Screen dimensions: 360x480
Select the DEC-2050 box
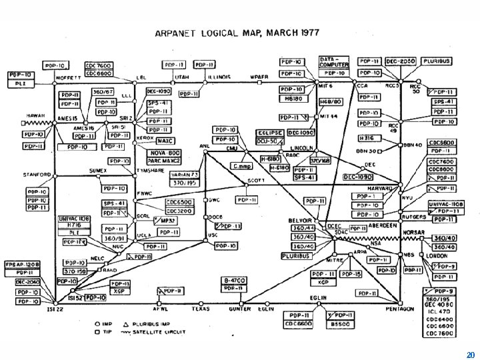[399, 61]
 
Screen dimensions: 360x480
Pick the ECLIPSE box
[271, 133]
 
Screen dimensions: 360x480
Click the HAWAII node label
[36, 115]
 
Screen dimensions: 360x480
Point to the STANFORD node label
[37, 175]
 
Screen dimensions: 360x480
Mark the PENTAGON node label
[400, 309]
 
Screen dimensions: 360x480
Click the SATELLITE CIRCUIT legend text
[161, 331]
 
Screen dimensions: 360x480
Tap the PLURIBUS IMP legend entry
[155, 323]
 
